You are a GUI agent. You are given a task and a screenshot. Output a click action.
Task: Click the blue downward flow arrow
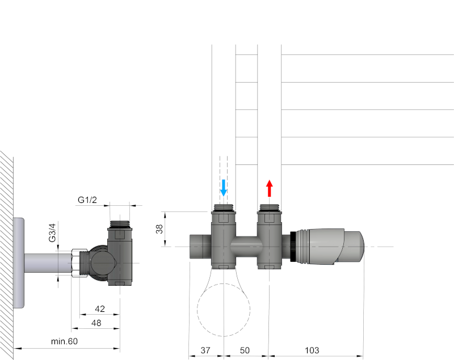[224, 188]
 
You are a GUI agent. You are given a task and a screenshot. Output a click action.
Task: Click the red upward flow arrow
[270, 188]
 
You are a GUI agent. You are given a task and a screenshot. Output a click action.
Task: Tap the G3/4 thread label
[52, 233]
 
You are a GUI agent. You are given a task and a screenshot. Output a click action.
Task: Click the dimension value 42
[100, 309]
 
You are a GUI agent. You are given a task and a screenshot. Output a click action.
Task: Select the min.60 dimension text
[64, 341]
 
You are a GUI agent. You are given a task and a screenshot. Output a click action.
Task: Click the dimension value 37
[206, 351]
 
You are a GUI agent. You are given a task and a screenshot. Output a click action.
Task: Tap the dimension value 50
[245, 351]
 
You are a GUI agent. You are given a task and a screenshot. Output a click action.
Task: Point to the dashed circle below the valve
[224, 309]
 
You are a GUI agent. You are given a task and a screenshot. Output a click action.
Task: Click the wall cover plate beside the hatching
[19, 262]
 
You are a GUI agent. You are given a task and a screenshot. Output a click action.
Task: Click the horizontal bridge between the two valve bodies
[245, 247]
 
